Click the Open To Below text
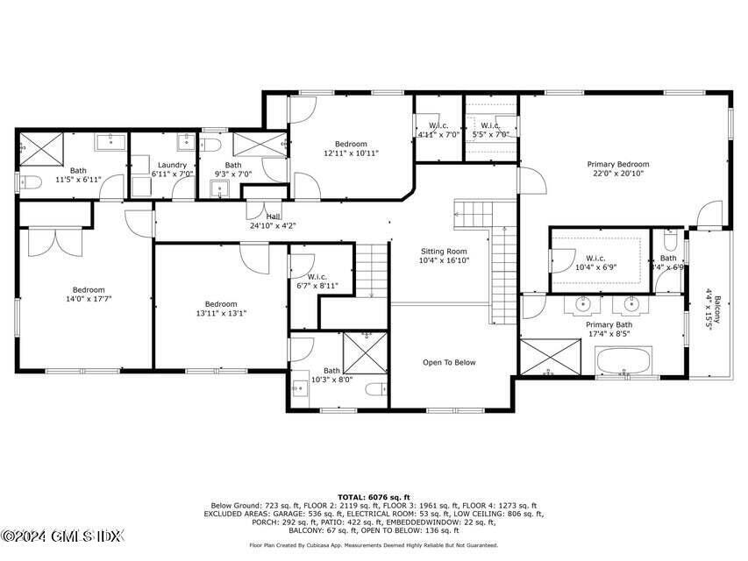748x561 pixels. tap(449, 362)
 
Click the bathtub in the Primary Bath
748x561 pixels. tap(623, 360)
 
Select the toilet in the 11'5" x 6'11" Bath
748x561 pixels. tap(31, 182)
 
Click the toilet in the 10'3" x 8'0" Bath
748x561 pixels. tap(375, 389)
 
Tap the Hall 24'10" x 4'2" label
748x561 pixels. tap(273, 220)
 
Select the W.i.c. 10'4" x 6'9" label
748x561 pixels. tap(596, 262)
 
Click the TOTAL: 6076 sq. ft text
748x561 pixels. tap(374, 497)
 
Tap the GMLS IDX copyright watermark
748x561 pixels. tap(62, 535)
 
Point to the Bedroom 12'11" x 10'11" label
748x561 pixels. tap(351, 148)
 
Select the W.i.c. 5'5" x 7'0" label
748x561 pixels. tap(490, 130)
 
